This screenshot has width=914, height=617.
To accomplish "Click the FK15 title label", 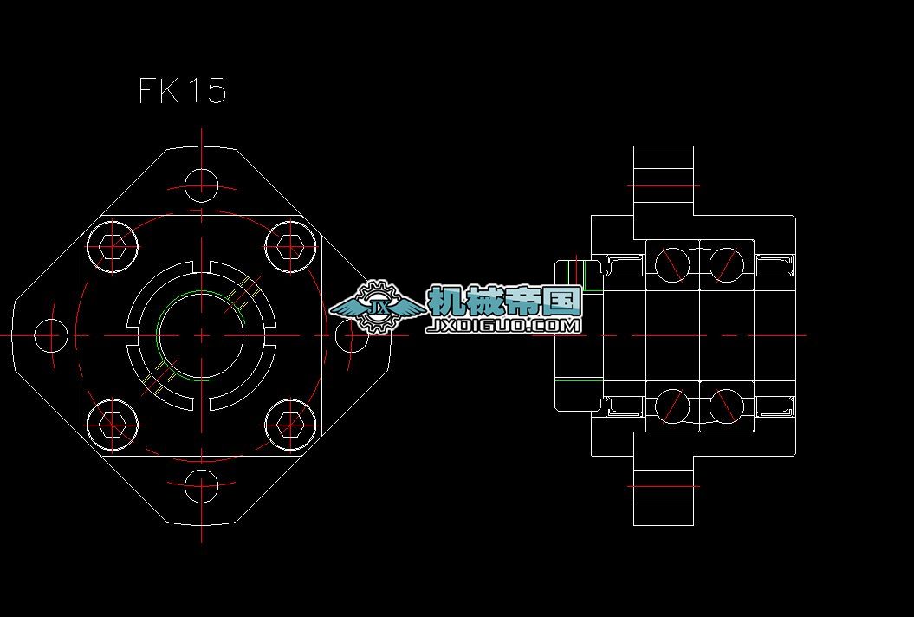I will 183,90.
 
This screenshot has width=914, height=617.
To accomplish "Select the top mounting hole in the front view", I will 201,184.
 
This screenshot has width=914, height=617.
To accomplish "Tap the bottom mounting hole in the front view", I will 201,488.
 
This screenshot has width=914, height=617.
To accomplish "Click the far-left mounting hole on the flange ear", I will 50,335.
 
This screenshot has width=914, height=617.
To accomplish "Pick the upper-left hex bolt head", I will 113,248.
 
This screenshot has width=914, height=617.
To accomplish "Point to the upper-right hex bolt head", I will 290,248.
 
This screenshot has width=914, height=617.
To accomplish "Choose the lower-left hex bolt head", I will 113,424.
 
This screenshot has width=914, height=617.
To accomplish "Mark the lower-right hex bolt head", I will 290,424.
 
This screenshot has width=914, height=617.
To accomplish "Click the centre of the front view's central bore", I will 201,335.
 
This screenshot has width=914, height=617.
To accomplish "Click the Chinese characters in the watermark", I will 504,302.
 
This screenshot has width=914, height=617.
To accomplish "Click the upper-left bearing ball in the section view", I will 672,263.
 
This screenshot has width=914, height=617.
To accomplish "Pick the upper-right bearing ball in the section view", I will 726,263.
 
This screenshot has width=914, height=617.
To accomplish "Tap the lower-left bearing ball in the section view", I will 672,406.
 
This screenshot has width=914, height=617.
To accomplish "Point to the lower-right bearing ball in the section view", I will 726,406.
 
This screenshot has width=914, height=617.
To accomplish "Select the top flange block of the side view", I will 664,180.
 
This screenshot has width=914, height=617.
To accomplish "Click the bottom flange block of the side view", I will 664,490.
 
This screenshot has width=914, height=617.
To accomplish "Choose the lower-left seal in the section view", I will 623,406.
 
